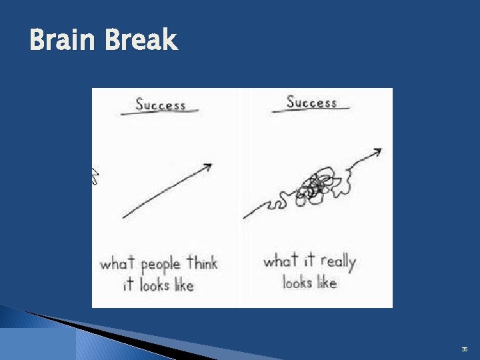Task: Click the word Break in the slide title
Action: tap(140, 41)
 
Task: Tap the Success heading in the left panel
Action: tap(161, 105)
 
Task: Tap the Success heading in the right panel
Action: tap(311, 102)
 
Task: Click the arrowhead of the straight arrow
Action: tap(208, 165)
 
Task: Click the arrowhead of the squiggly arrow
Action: tap(377, 152)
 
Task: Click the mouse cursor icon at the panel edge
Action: tap(95, 177)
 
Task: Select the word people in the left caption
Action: tap(161, 265)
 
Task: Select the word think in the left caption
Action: tap(202, 263)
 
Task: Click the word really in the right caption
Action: tap(338, 261)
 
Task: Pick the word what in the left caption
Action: tap(117, 263)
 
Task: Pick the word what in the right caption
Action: tap(280, 261)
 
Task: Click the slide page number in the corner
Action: tap(465, 349)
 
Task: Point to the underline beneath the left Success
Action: tap(160, 113)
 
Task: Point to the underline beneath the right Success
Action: tap(311, 110)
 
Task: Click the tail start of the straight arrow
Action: tap(125, 217)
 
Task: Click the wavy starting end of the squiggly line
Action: tap(245, 217)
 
